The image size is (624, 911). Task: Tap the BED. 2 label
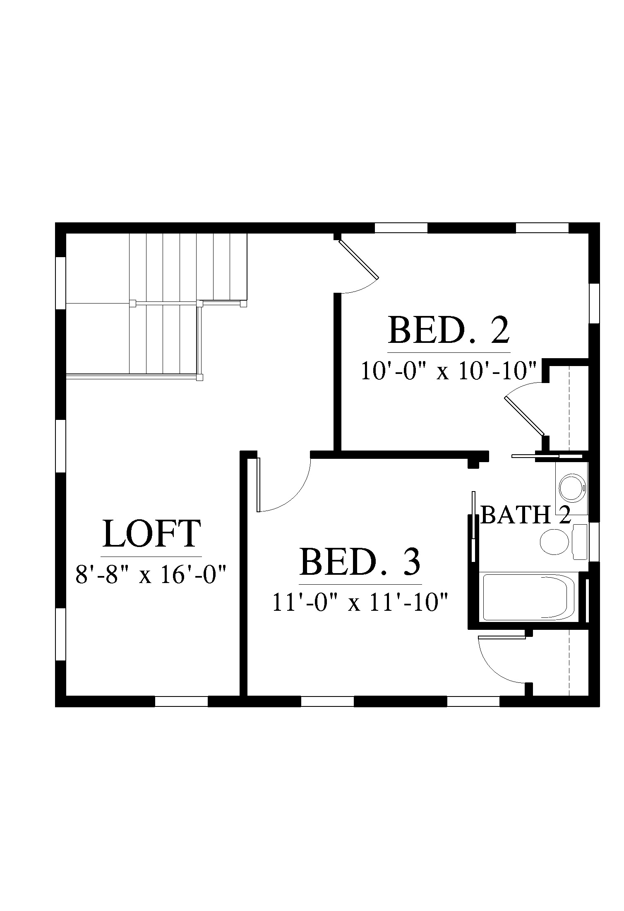(449, 330)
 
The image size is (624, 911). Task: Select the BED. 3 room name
(360, 562)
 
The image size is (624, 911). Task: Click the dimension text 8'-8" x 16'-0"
(151, 575)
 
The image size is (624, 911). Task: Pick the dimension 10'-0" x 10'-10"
(449, 371)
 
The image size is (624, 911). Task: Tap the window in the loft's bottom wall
(181, 701)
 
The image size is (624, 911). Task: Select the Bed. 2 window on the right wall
(594, 303)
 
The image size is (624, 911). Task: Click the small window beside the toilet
(594, 542)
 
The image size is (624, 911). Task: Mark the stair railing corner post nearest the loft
(200, 378)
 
